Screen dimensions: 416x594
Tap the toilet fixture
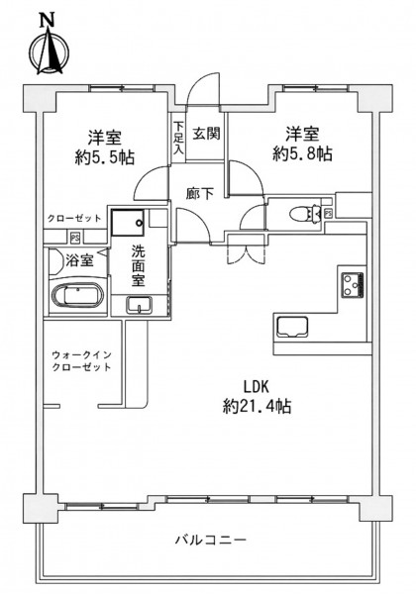pyautogui.click(x=306, y=214)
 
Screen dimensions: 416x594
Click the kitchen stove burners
pyautogui.click(x=353, y=284)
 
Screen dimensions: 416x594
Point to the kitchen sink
pyautogui.click(x=292, y=327)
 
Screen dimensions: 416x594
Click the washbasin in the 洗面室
pyautogui.click(x=139, y=305)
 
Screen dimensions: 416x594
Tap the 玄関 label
pyautogui.click(x=206, y=134)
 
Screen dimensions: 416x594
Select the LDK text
pyautogui.click(x=257, y=387)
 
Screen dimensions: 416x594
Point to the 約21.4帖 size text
pyautogui.click(x=257, y=407)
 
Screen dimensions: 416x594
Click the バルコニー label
pyautogui.click(x=211, y=540)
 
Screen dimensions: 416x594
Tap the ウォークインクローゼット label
pyautogui.click(x=81, y=361)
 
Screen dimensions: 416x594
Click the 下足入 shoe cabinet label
pyautogui.click(x=178, y=138)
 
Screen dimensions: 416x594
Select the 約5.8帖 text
pyautogui.click(x=302, y=153)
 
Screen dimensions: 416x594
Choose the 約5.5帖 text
pyautogui.click(x=105, y=156)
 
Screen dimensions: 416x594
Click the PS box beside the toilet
pyautogui.click(x=328, y=213)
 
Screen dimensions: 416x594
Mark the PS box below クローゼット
pyautogui.click(x=75, y=239)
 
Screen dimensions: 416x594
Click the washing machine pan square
pyautogui.click(x=128, y=223)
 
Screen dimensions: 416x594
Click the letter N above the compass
pyautogui.click(x=48, y=20)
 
